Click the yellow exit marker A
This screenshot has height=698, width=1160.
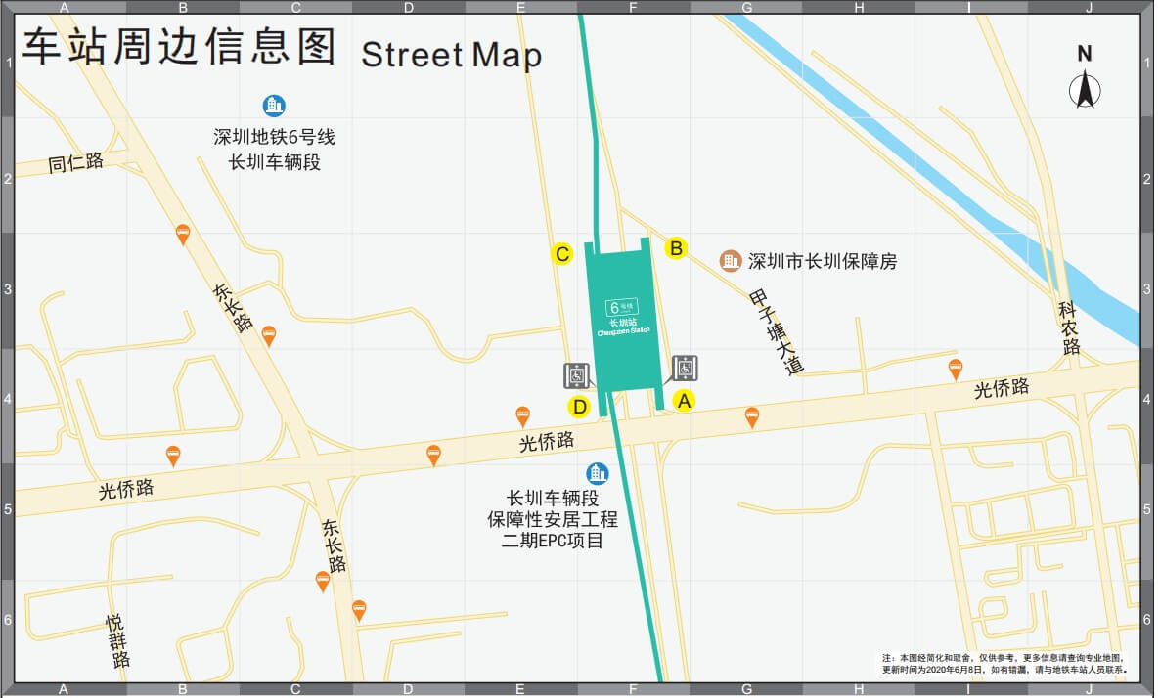[684, 400]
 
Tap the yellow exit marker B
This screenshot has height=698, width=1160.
[675, 248]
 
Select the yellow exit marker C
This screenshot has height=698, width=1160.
[561, 254]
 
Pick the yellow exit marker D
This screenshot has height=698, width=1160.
[579, 407]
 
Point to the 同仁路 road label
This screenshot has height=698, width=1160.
[75, 163]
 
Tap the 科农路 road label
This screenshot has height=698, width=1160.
[1069, 328]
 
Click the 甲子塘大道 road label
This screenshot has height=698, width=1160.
[777, 332]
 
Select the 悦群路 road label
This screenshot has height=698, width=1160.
[118, 640]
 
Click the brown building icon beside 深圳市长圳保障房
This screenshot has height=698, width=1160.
[730, 260]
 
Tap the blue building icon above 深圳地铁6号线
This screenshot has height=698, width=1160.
[275, 106]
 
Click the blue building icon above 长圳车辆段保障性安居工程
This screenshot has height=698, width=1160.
[597, 473]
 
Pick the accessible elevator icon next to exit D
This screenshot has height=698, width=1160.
[577, 375]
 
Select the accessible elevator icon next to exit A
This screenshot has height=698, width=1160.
[686, 367]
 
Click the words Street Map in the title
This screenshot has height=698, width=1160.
[451, 54]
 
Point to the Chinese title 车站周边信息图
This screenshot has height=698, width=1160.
[180, 46]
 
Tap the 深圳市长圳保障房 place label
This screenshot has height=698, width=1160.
[822, 262]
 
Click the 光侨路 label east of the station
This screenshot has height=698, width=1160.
[1002, 388]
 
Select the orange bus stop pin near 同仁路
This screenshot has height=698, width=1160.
[182, 235]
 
